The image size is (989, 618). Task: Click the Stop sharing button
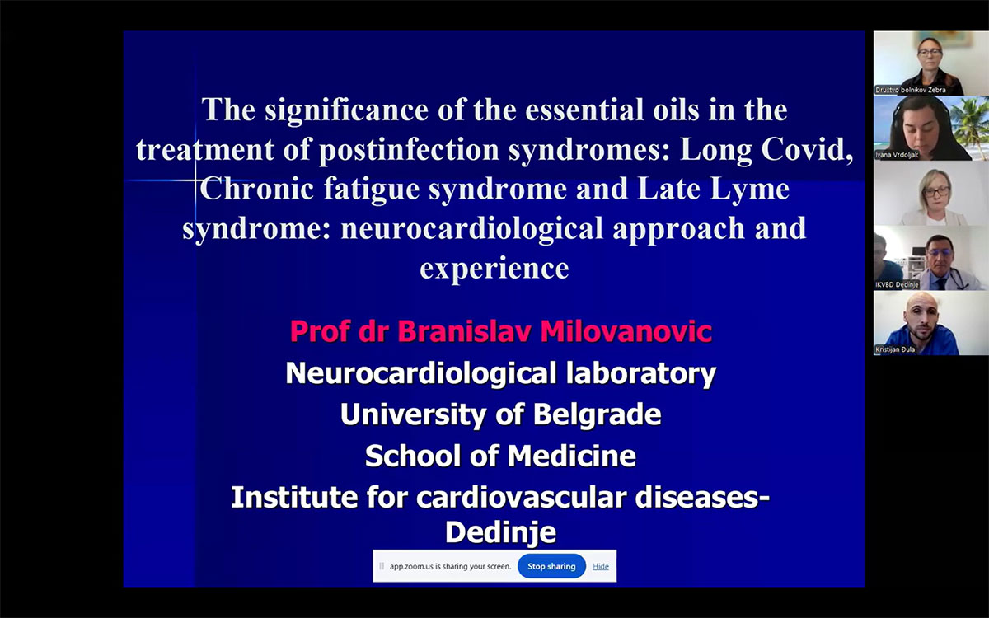click(x=551, y=566)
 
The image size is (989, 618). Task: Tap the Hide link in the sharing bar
click(x=601, y=566)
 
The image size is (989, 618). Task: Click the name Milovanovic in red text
click(x=626, y=331)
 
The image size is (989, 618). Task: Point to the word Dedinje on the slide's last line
click(x=500, y=533)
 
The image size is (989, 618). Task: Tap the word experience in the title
click(x=494, y=268)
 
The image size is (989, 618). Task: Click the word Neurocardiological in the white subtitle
click(x=421, y=373)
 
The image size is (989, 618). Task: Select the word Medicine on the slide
click(x=572, y=456)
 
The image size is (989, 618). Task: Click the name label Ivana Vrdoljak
click(x=897, y=155)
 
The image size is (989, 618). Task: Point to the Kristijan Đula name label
click(x=895, y=349)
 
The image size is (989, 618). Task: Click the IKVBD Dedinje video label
click(x=897, y=285)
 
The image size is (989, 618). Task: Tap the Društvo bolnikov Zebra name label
click(x=911, y=90)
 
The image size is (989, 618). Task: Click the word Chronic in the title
click(x=256, y=189)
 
